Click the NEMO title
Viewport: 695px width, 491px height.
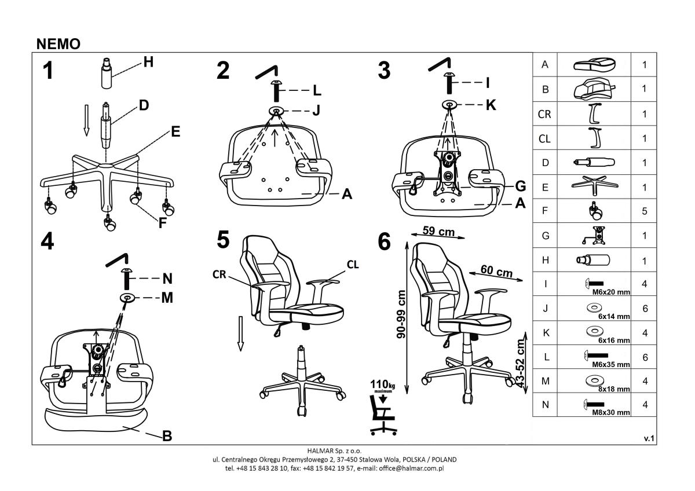click(x=58, y=44)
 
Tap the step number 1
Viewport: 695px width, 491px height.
click(x=49, y=71)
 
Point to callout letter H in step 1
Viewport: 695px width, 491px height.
click(x=148, y=63)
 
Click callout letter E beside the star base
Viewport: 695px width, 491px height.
click(x=174, y=132)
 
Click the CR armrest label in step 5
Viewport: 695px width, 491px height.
click(x=219, y=274)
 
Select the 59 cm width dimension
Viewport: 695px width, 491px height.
click(x=438, y=232)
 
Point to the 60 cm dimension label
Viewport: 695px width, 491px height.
click(x=496, y=271)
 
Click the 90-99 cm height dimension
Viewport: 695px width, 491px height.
click(x=401, y=315)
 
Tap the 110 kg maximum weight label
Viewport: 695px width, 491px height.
click(x=383, y=384)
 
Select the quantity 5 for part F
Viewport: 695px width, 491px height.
click(x=644, y=211)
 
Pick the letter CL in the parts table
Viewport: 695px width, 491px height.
click(x=544, y=139)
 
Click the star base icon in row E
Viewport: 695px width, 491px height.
click(x=594, y=187)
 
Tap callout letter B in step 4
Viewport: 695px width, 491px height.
click(x=167, y=436)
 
